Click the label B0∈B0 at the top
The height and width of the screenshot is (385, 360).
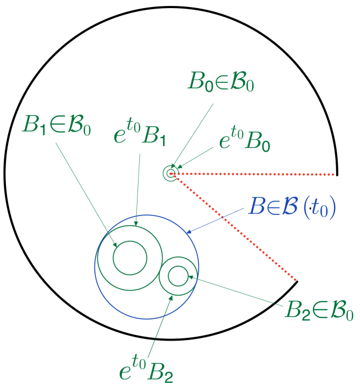click(x=220, y=82)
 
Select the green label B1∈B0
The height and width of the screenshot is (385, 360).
click(x=56, y=124)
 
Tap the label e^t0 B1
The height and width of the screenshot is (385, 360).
click(x=140, y=134)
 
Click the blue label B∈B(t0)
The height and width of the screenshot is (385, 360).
click(x=292, y=207)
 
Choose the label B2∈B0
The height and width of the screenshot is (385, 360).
click(x=319, y=310)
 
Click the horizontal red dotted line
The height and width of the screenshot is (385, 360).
click(x=254, y=174)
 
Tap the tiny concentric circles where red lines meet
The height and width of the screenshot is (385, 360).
click(x=171, y=174)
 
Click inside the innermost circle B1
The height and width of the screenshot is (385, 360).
click(x=130, y=258)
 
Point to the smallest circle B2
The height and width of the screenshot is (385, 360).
click(x=178, y=276)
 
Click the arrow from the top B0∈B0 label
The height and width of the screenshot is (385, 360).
click(x=193, y=135)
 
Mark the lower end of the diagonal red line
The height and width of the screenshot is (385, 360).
click(x=296, y=279)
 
